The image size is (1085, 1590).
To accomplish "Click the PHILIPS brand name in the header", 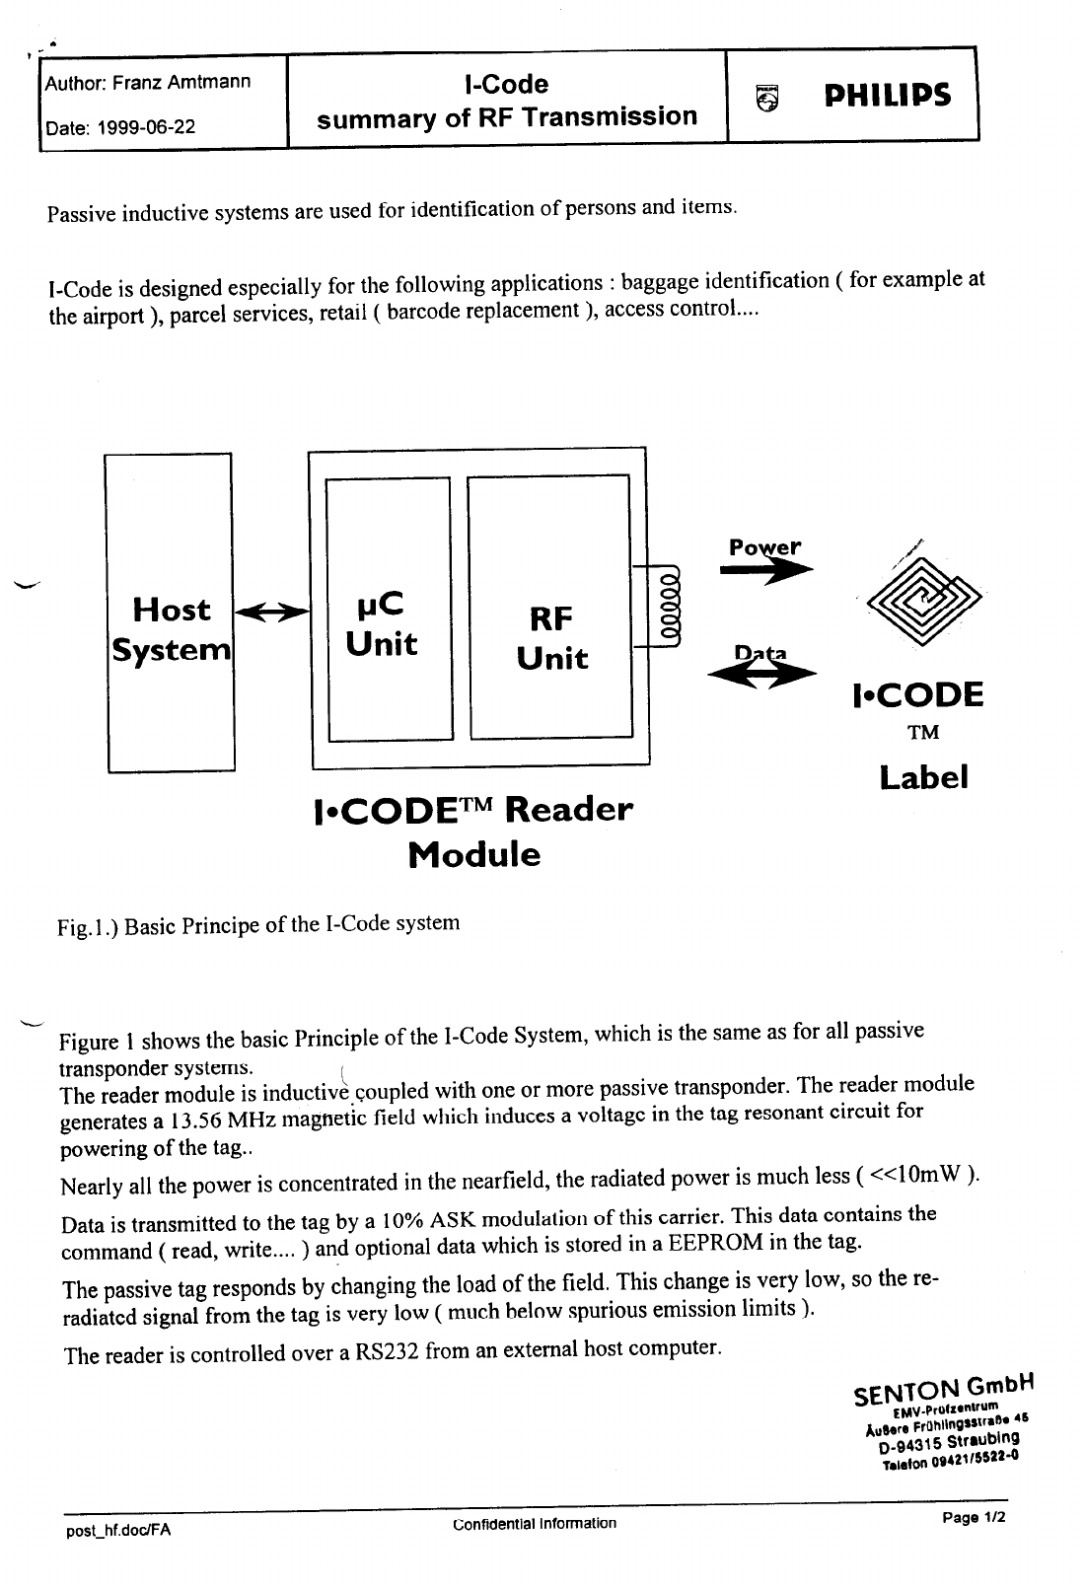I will point(887,96).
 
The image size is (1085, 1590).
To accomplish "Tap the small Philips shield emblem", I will point(764,97).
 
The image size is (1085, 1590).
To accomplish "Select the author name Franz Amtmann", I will point(181,82).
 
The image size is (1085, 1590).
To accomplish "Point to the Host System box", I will point(170,612).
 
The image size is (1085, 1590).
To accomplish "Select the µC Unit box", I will point(388,609).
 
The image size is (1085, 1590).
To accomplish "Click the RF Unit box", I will point(549,607).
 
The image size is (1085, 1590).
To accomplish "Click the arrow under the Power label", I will point(765,569).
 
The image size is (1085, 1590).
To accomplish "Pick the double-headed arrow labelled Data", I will point(761,672).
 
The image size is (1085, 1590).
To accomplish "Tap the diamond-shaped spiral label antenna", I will point(922,600).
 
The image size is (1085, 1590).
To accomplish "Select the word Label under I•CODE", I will point(923,777).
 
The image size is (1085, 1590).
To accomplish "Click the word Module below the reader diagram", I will point(474,854).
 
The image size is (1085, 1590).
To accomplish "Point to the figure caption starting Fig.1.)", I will point(257,925).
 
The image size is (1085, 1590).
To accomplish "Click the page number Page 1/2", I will point(974,1518).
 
